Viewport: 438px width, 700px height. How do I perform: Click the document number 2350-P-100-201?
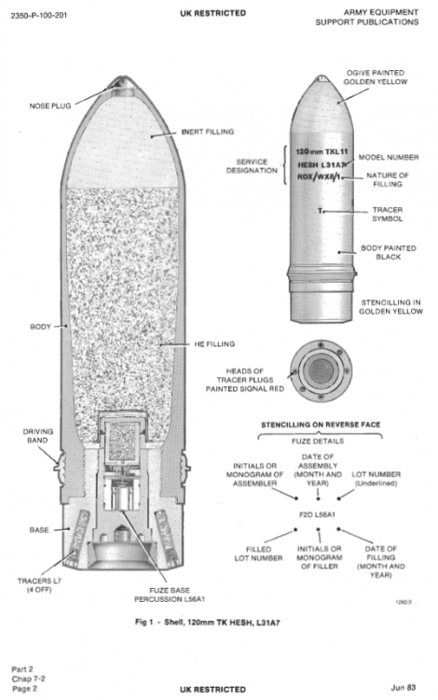[39, 16]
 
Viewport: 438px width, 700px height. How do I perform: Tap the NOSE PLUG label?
[50, 105]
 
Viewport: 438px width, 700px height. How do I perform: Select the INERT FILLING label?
[208, 132]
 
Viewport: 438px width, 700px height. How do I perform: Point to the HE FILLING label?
[214, 344]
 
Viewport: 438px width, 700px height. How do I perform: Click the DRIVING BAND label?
[38, 436]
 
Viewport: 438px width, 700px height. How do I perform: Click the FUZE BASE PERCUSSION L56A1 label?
[170, 595]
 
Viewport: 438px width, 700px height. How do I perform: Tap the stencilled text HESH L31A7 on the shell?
[322, 165]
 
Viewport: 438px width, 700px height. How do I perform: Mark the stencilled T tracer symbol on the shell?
[320, 211]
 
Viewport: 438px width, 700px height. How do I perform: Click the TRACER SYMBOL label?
[388, 215]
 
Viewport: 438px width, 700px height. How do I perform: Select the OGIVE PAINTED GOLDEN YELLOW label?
[376, 77]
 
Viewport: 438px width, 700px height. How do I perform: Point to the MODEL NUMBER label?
[389, 157]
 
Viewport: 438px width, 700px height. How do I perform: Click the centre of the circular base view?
[320, 371]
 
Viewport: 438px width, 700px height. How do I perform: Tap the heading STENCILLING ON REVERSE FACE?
[321, 425]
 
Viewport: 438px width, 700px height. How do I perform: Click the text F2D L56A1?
[317, 514]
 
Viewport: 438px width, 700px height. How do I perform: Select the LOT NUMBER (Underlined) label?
[376, 479]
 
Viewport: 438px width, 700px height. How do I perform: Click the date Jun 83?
[404, 688]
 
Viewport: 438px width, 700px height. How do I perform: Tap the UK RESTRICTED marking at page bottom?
[213, 690]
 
